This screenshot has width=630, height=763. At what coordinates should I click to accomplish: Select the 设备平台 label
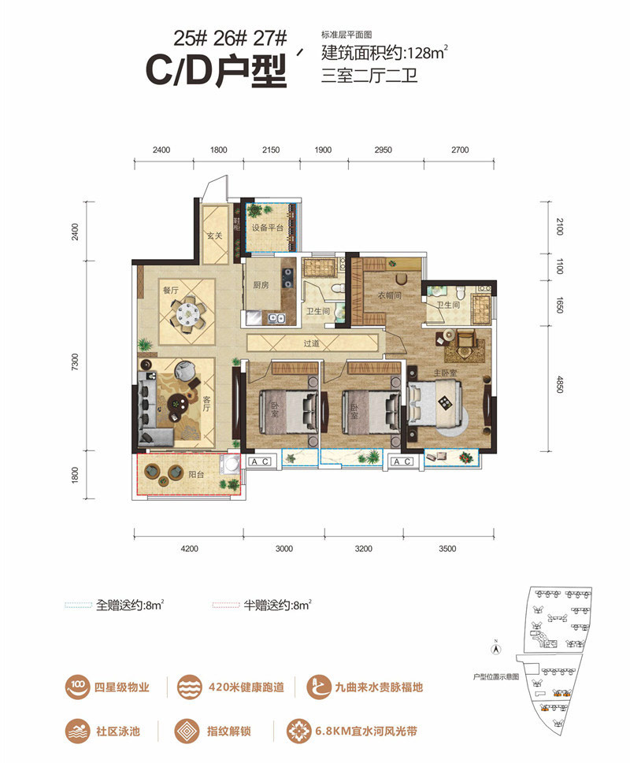point(267,228)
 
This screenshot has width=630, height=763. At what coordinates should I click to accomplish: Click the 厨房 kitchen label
point(261,286)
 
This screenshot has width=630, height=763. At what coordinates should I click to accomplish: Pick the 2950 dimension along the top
point(384,150)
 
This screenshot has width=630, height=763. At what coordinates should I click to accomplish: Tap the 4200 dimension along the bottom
point(187,549)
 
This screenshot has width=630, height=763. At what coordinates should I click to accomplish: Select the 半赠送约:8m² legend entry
point(261,606)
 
